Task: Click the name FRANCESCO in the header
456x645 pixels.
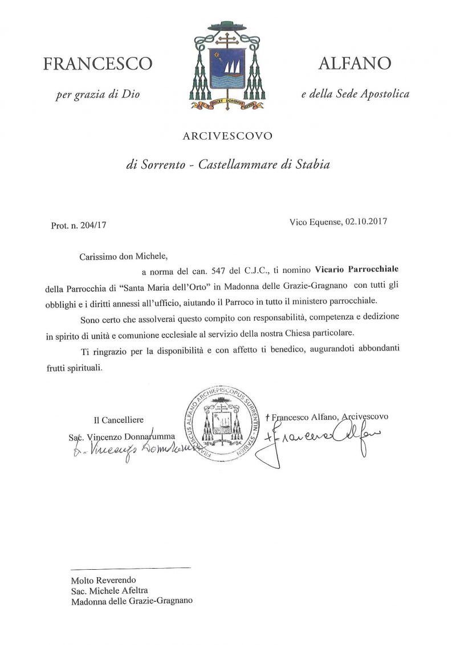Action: tap(97, 64)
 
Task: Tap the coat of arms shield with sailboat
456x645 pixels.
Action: tap(227, 67)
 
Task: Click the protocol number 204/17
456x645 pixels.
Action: tap(92, 225)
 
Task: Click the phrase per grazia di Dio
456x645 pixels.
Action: tap(97, 95)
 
